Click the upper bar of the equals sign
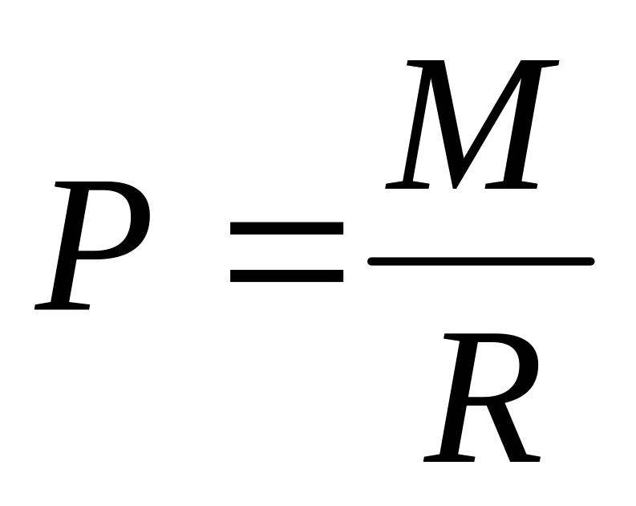pyautogui.click(x=286, y=228)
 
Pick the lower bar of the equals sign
pyautogui.click(x=286, y=275)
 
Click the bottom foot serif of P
pyautogui.click(x=63, y=305)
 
